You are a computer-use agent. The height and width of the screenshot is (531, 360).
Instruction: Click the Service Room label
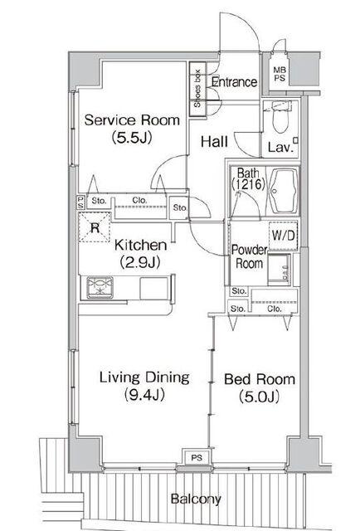[x=132, y=120]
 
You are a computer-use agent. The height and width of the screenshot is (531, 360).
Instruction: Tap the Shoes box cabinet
[x=197, y=89]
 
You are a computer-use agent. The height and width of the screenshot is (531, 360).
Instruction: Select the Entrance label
[x=235, y=82]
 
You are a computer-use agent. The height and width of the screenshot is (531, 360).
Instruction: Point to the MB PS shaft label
[x=280, y=74]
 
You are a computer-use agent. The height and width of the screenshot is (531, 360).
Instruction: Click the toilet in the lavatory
[x=280, y=116]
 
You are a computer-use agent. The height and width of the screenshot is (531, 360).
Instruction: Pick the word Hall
[x=214, y=142]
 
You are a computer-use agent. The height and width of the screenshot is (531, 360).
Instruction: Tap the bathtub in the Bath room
[x=284, y=191]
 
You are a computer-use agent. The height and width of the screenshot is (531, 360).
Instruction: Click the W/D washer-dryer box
[x=283, y=236]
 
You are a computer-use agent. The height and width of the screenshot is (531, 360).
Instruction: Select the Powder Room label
[x=249, y=256]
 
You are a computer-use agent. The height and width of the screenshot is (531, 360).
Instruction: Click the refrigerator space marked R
[x=95, y=227]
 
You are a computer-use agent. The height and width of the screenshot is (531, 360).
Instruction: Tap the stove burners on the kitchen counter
[x=100, y=288]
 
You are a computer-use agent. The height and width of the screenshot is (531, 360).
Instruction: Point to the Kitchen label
[x=140, y=245]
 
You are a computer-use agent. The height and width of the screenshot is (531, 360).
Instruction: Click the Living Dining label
[x=144, y=378]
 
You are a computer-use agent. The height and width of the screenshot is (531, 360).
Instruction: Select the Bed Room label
[x=260, y=379]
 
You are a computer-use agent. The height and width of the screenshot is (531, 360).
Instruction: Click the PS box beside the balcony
[x=197, y=458]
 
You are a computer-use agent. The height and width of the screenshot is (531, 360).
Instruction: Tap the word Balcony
[x=196, y=499]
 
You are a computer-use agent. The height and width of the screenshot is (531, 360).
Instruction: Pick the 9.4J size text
[x=144, y=395]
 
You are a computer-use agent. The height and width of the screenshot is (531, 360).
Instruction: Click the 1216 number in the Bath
[x=248, y=184]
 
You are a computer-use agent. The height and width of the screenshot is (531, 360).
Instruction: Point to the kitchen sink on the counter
[x=154, y=288]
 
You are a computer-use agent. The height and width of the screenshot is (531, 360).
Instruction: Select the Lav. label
[x=280, y=148]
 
